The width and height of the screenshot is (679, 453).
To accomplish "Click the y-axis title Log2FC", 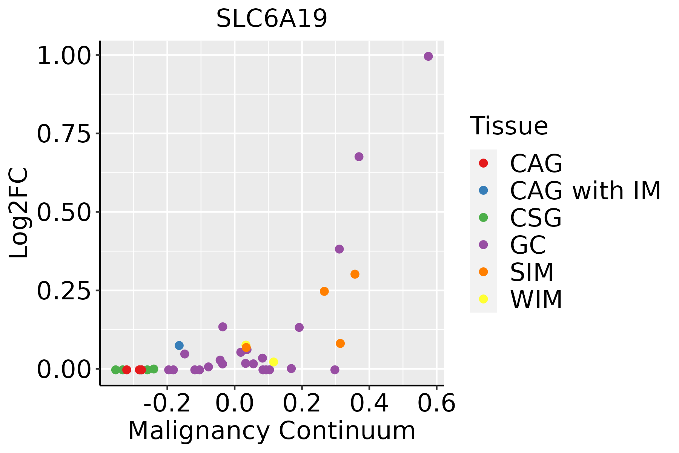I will pos(19,213).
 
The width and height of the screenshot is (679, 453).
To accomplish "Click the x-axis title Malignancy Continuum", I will pos(272,431).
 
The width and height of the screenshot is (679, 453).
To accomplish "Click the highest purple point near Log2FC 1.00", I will pos(428,56).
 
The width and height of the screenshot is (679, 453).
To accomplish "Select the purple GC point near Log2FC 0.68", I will pos(359,157).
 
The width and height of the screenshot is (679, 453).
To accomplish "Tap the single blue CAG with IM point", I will pos(179,345).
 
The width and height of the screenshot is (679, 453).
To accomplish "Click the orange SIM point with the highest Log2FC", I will pos(355,274).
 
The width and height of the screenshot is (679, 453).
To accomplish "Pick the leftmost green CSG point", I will pos(116,370).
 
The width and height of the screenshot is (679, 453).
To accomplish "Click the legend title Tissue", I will pos(509,126).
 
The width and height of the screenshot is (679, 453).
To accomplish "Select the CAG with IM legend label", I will pos(585,191).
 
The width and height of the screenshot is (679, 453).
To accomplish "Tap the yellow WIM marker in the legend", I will pos(483,299).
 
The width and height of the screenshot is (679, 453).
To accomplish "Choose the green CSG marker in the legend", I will pos(483,217).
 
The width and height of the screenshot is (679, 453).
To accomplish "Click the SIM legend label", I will pos(532,272).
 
